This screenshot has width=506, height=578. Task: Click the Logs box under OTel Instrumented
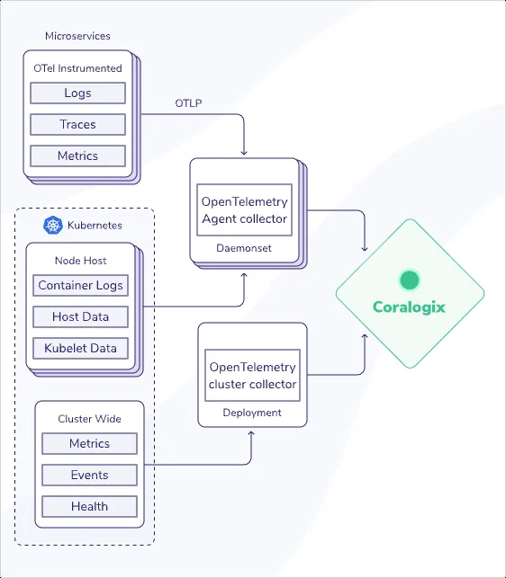coord(77,93)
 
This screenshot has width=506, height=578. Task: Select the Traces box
coord(77,124)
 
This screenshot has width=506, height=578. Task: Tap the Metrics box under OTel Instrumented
coord(77,156)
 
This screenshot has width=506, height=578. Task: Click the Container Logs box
coord(80,285)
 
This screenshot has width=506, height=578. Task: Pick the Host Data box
coord(80,316)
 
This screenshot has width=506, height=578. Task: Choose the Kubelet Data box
coord(80,349)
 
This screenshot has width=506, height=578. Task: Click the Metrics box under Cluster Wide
coord(89,443)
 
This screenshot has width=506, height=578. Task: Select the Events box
coord(89,475)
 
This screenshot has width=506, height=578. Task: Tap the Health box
coord(89,506)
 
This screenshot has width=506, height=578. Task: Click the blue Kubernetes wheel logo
coord(53,226)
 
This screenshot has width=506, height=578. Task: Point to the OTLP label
coord(188,103)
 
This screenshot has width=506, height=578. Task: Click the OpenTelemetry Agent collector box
coord(245,210)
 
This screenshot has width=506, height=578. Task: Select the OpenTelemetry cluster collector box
coord(253,375)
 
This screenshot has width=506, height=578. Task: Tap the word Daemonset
coord(244,248)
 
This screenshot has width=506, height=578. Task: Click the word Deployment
coord(252,413)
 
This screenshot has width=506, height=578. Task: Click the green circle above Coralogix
coord(410,280)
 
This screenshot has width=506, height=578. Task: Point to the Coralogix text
coord(409,307)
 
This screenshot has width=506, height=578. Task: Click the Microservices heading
coord(77,36)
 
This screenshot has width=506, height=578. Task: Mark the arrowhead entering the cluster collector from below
coord(251,434)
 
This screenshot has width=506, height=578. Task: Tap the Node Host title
coord(80,261)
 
